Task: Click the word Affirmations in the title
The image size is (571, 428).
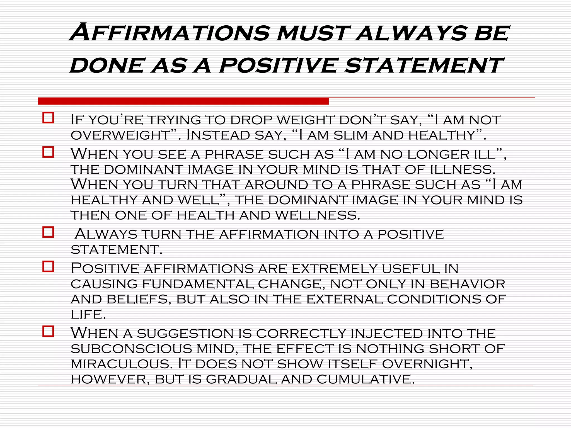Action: [170, 33]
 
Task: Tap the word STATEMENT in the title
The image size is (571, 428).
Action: [424, 66]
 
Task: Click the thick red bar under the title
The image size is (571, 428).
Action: [183, 101]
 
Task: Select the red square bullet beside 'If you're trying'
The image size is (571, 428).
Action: [48, 118]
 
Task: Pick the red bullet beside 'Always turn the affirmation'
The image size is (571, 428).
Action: [48, 232]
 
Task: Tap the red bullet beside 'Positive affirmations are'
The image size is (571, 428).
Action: [48, 267]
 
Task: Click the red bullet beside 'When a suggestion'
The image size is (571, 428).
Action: [48, 332]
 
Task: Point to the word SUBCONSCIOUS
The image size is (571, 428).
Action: [131, 349]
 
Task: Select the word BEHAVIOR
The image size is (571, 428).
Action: [467, 284]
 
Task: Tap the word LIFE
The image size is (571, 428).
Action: [88, 315]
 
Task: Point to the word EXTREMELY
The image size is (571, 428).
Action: [334, 269]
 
